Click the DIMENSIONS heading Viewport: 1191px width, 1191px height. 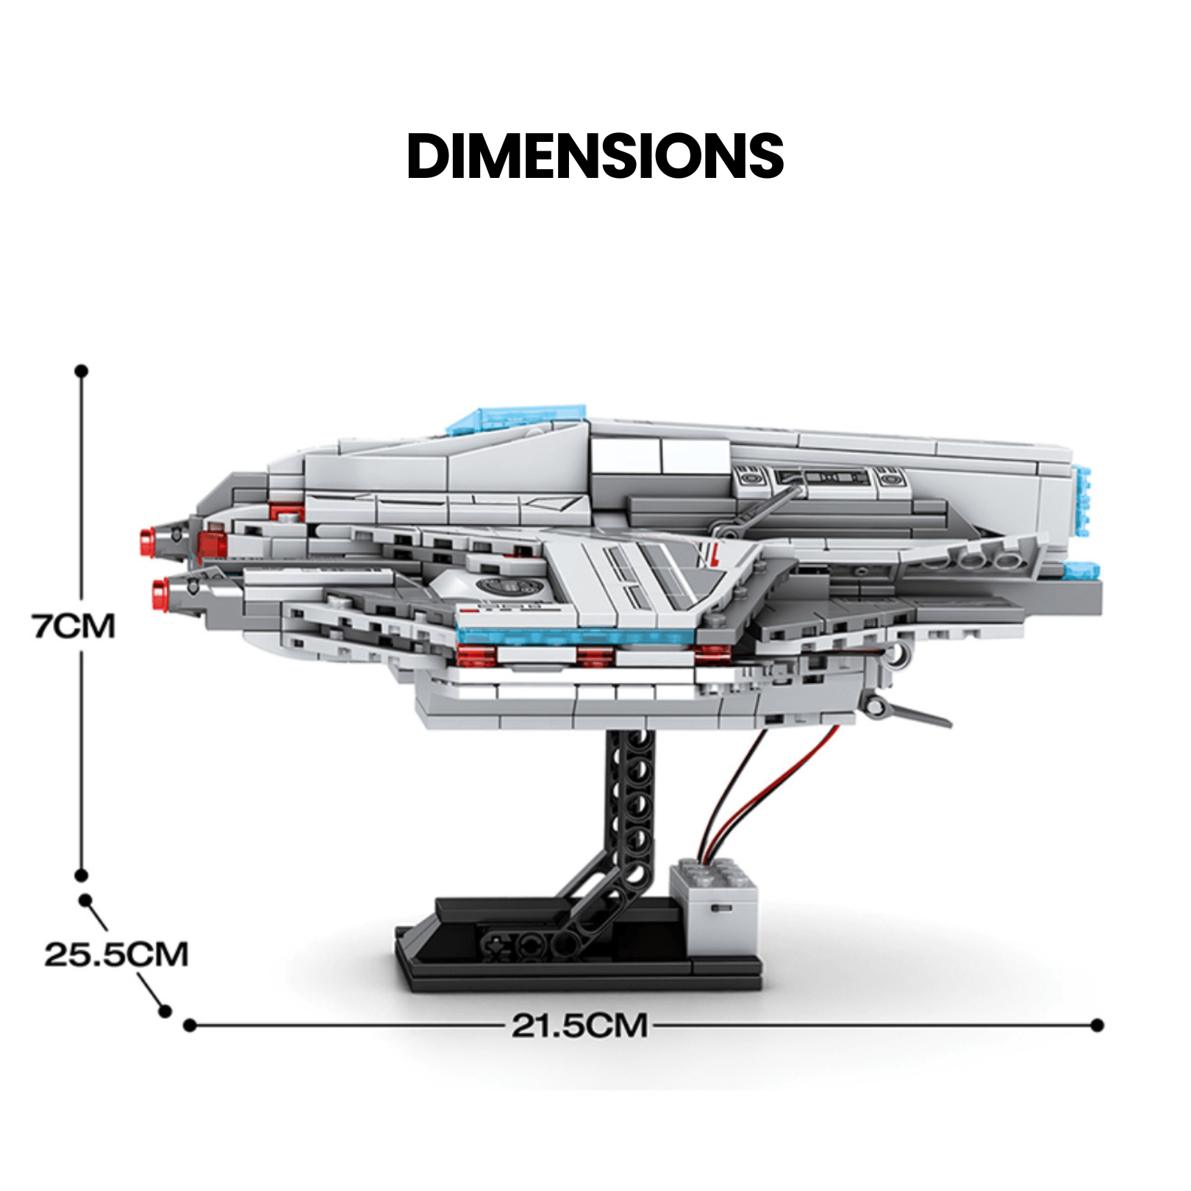point(595,156)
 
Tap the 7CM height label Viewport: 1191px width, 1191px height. point(74,626)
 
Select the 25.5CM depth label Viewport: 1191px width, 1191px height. point(116,954)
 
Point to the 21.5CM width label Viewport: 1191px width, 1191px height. point(580,1025)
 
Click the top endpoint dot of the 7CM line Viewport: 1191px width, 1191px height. point(82,371)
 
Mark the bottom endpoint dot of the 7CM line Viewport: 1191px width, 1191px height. point(82,876)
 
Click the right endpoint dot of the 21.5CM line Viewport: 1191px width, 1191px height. point(1098,1025)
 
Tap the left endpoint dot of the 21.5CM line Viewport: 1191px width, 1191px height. point(190,1025)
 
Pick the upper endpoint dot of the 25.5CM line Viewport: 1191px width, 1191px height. point(86,901)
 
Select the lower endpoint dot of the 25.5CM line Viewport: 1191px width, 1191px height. point(165,1012)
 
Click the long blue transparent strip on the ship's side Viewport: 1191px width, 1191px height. point(573,637)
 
